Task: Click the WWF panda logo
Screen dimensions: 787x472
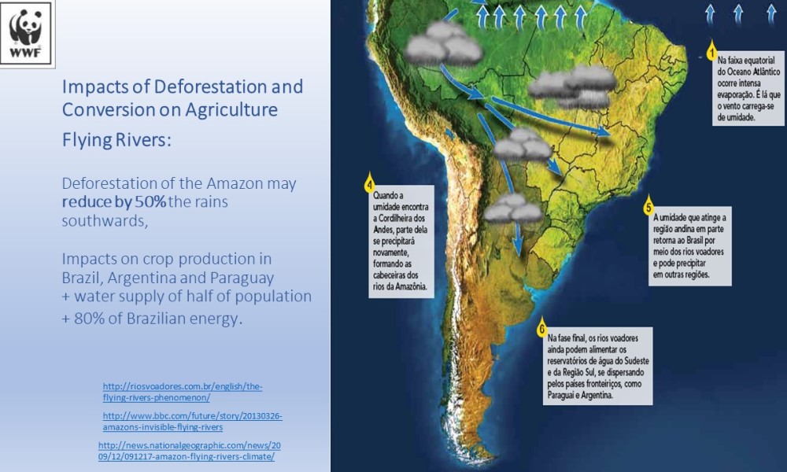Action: [26, 33]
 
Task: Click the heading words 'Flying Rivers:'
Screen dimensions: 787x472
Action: [116, 140]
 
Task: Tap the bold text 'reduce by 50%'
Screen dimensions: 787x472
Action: [114, 201]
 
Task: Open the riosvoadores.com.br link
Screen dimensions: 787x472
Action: [183, 392]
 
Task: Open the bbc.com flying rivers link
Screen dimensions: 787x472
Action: [193, 422]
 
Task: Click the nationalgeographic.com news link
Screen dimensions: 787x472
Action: [190, 451]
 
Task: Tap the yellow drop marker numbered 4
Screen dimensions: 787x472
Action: [369, 184]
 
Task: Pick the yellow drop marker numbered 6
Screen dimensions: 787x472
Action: [541, 328]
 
